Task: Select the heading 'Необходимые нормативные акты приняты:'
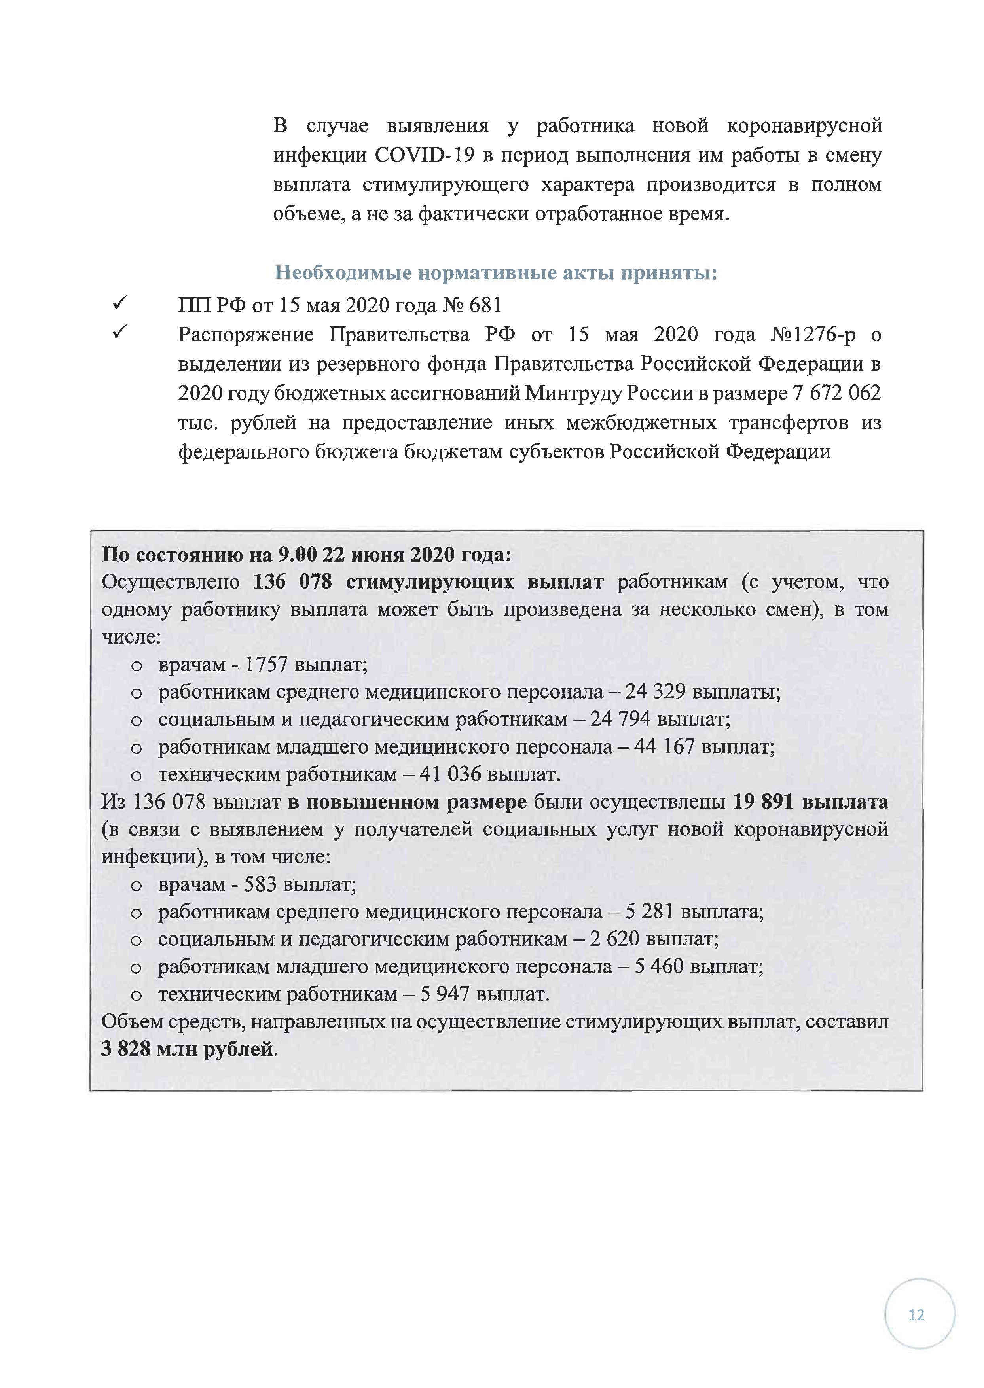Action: (496, 273)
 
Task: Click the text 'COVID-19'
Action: (424, 155)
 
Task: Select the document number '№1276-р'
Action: (813, 335)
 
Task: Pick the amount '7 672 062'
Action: (836, 394)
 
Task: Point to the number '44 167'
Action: (664, 747)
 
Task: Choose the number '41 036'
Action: (450, 774)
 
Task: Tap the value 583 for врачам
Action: (260, 885)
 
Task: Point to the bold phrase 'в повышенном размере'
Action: (407, 803)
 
